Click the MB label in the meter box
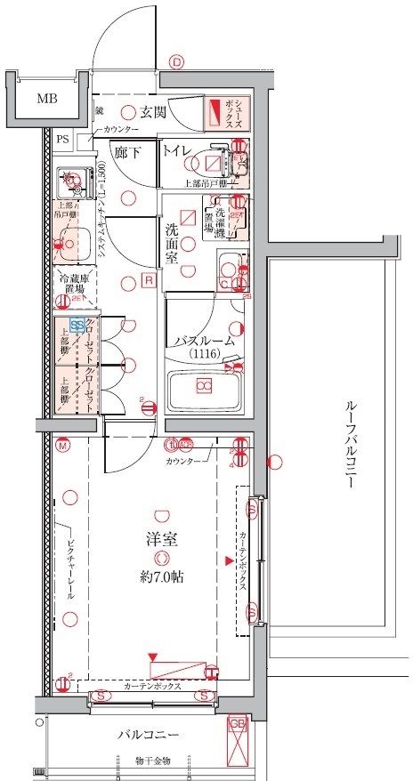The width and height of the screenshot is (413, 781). pos(46,99)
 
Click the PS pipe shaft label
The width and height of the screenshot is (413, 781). pos(62,139)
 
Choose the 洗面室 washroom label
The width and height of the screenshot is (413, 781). pos(173,243)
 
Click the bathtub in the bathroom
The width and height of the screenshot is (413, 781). pos(205,386)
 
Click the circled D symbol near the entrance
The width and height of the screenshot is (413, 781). pos(176,62)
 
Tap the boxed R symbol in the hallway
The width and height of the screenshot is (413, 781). pos(150,281)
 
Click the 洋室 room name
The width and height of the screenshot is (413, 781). pos(160,538)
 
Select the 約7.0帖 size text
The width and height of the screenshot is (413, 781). pos(161,576)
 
